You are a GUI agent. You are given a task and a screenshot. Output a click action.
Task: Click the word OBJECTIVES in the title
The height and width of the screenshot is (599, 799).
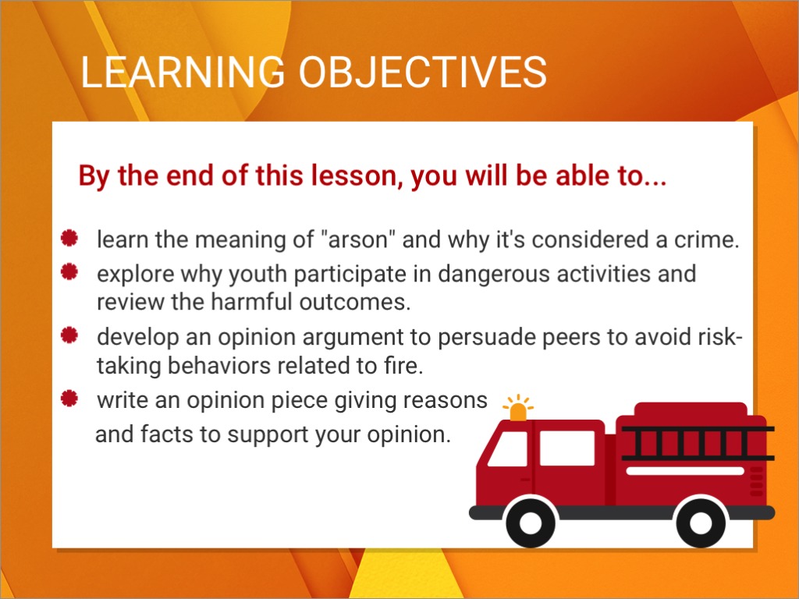tap(422, 72)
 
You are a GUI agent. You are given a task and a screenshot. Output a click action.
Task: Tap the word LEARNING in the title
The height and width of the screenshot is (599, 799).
tap(183, 72)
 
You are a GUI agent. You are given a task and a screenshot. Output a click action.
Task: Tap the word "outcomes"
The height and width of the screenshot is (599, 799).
tap(355, 303)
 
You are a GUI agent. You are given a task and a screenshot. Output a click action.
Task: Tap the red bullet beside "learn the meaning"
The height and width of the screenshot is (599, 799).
tap(69, 238)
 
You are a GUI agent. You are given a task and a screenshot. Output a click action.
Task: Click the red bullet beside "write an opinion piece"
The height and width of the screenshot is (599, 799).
tap(69, 399)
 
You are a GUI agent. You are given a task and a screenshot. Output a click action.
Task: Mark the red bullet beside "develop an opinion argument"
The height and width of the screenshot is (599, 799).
tap(69, 335)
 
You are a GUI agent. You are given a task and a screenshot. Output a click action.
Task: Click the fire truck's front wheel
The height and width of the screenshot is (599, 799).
tap(531, 523)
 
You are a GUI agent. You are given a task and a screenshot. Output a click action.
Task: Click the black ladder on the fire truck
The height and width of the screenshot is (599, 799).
tap(698, 444)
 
